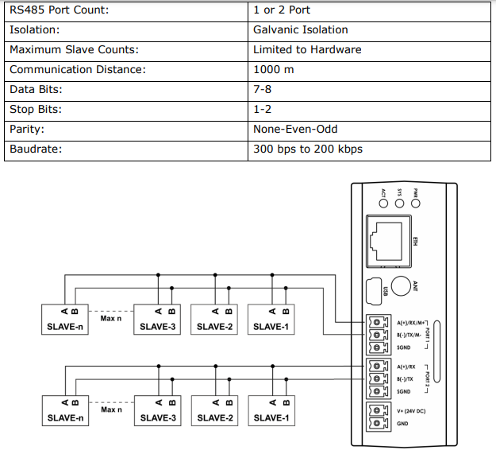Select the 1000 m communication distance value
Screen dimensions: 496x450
coord(273,69)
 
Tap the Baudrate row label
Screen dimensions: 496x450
coord(36,149)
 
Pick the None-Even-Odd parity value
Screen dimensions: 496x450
coord(295,129)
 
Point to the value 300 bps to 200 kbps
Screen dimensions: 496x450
coord(308,149)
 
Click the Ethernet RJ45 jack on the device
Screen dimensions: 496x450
coord(388,242)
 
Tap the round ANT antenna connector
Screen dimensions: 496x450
coord(401,286)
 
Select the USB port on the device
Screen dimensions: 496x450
coord(374,292)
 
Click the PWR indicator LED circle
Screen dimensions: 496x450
coord(416,203)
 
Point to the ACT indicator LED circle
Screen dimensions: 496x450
coord(383,203)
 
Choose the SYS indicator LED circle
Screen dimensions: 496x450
coord(399,203)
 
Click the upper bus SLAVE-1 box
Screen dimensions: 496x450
coord(271,320)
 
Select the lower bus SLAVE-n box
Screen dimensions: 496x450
coord(65,411)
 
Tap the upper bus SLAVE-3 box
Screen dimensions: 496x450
coord(157,320)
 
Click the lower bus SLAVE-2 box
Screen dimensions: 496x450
coord(215,411)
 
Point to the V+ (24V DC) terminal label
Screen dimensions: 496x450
coord(411,411)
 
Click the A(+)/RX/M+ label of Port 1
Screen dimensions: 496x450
coord(411,323)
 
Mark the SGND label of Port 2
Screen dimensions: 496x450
coord(404,392)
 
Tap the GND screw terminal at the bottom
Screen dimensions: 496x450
coord(377,424)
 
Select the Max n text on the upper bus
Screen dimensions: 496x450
coord(111,319)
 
